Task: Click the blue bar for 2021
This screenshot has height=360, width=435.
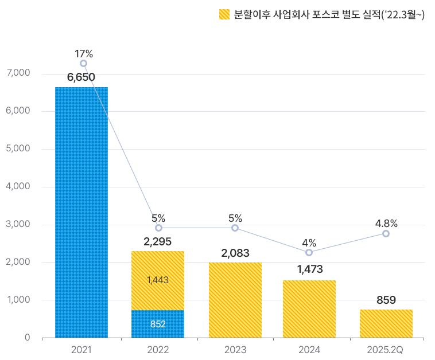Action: [x=81, y=212]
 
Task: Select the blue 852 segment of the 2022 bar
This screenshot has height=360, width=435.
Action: [x=158, y=324]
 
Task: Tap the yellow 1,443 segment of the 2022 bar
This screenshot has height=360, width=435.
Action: [x=158, y=280]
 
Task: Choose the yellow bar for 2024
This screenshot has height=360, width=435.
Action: [x=309, y=309]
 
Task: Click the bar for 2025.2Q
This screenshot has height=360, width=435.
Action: [x=386, y=323]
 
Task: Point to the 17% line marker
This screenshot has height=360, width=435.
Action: [x=84, y=64]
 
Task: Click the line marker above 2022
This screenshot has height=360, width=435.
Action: [x=158, y=228]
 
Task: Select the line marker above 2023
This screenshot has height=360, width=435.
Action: [x=235, y=228]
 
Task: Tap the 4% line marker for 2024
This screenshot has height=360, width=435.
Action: [x=309, y=252]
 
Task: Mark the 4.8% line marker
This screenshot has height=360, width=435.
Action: [x=386, y=233]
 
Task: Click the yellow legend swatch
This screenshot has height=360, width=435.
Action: [x=224, y=15]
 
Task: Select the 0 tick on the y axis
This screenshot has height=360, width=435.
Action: [x=27, y=338]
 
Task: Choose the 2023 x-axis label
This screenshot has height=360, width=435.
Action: [x=235, y=349]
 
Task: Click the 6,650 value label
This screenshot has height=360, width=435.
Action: [x=81, y=77]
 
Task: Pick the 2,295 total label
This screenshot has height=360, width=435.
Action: [x=158, y=241]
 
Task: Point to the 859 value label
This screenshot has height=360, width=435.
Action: [x=386, y=300]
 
